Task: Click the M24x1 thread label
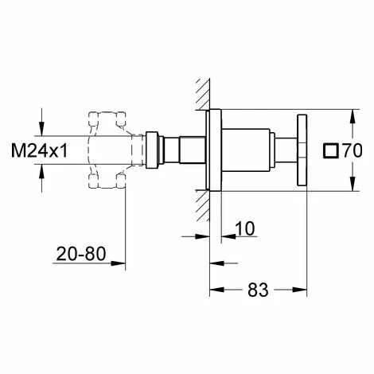[39, 150]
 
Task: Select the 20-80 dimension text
[81, 254]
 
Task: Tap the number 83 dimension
[258, 290]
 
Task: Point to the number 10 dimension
[245, 228]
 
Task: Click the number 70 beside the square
[353, 150]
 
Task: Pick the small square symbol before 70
[331, 151]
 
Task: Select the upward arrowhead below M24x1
[41, 172]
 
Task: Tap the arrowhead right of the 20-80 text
[118, 263]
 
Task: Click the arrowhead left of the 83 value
[217, 290]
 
